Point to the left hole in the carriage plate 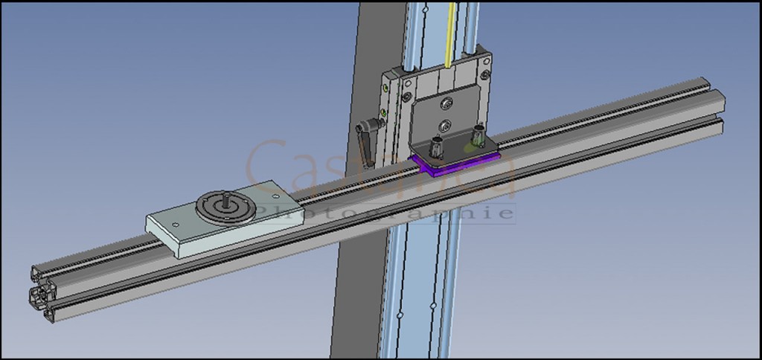click(x=174, y=223)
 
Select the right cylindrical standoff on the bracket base click(x=477, y=138)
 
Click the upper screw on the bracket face click(x=446, y=103)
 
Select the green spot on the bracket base click(x=467, y=148)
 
